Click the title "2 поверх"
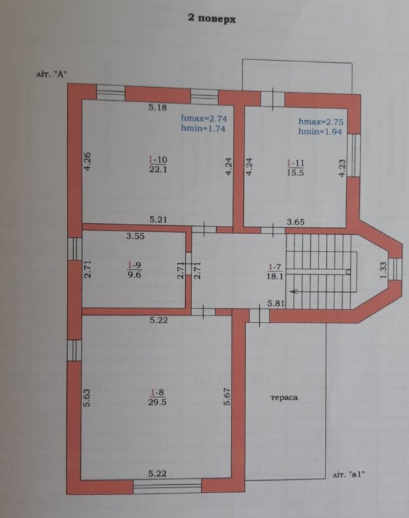pos(212,19)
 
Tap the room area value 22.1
pos(158,170)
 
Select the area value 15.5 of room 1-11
pos(295,173)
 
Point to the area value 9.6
pos(134,274)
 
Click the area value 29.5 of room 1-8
pos(158,402)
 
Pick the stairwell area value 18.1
pos(275,276)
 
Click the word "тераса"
pos(284,397)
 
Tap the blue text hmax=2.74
pos(204,118)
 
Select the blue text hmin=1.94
pos(320,132)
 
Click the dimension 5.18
pos(158,107)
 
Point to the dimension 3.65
pos(296,222)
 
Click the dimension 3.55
pos(135,236)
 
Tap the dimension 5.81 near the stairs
pos(276,303)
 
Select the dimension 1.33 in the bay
pos(383,270)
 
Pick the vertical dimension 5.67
pos(227,396)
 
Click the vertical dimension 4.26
pos(88,161)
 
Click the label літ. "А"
pos(52,75)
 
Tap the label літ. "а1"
pos(349,475)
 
